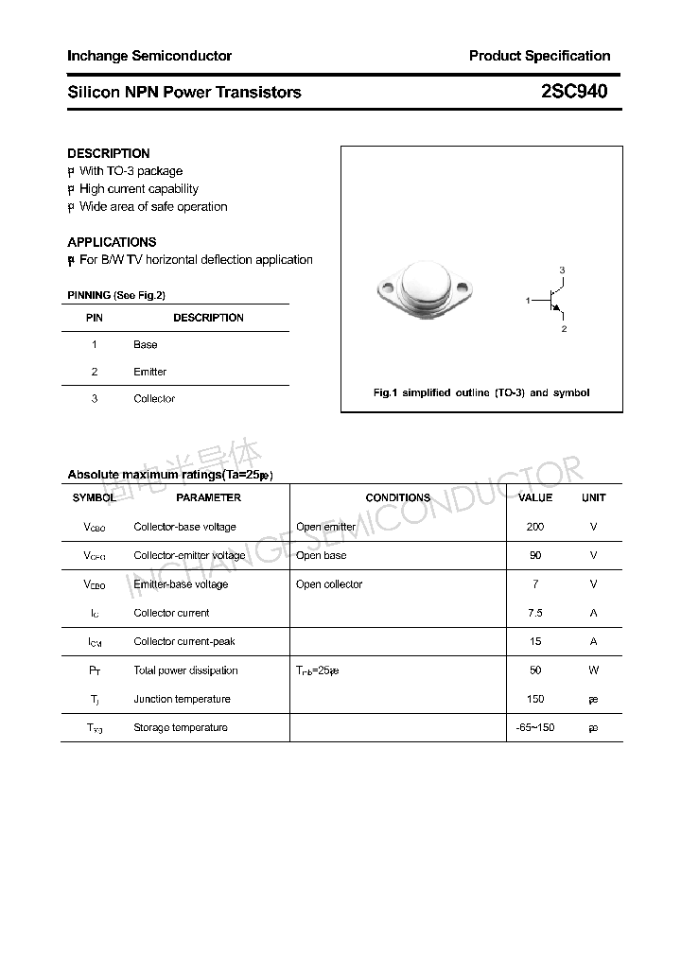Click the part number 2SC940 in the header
click(574, 92)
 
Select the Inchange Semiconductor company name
click(149, 56)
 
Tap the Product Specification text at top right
click(539, 56)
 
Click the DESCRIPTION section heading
click(109, 153)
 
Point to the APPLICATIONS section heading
click(112, 242)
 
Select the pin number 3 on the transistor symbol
click(562, 270)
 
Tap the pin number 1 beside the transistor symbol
click(528, 300)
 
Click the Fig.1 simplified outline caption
click(481, 392)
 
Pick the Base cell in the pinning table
click(146, 345)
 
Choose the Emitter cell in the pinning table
click(149, 372)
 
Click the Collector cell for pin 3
click(154, 399)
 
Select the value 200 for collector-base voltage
click(535, 527)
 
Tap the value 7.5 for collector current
click(535, 613)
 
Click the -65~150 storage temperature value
click(535, 727)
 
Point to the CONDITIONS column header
click(397, 497)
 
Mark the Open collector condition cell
click(329, 584)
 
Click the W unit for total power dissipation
click(593, 670)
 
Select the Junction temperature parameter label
click(182, 699)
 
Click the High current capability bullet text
click(138, 189)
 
